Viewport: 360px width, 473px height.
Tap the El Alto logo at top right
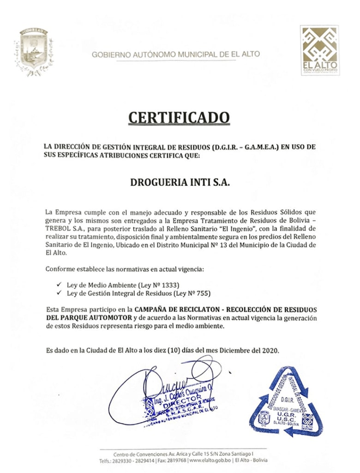pyautogui.click(x=320, y=50)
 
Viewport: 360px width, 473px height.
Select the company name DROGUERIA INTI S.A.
pyautogui.click(x=180, y=182)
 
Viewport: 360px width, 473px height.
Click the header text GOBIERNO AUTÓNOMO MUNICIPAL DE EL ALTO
pyautogui.click(x=176, y=54)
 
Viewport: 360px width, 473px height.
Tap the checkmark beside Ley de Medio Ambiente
pyautogui.click(x=58, y=285)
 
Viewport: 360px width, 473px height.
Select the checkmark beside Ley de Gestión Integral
pyautogui.click(x=58, y=293)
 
